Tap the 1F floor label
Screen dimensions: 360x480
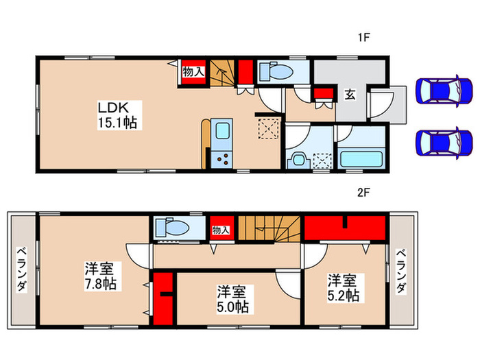pyautogui.click(x=363, y=38)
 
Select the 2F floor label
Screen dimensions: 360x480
pyautogui.click(x=363, y=193)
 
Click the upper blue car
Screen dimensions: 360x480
pyautogui.click(x=444, y=91)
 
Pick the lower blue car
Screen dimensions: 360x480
pyautogui.click(x=444, y=142)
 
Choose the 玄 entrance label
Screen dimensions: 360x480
pyautogui.click(x=350, y=95)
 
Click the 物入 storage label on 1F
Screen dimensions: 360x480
pyautogui.click(x=193, y=71)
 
